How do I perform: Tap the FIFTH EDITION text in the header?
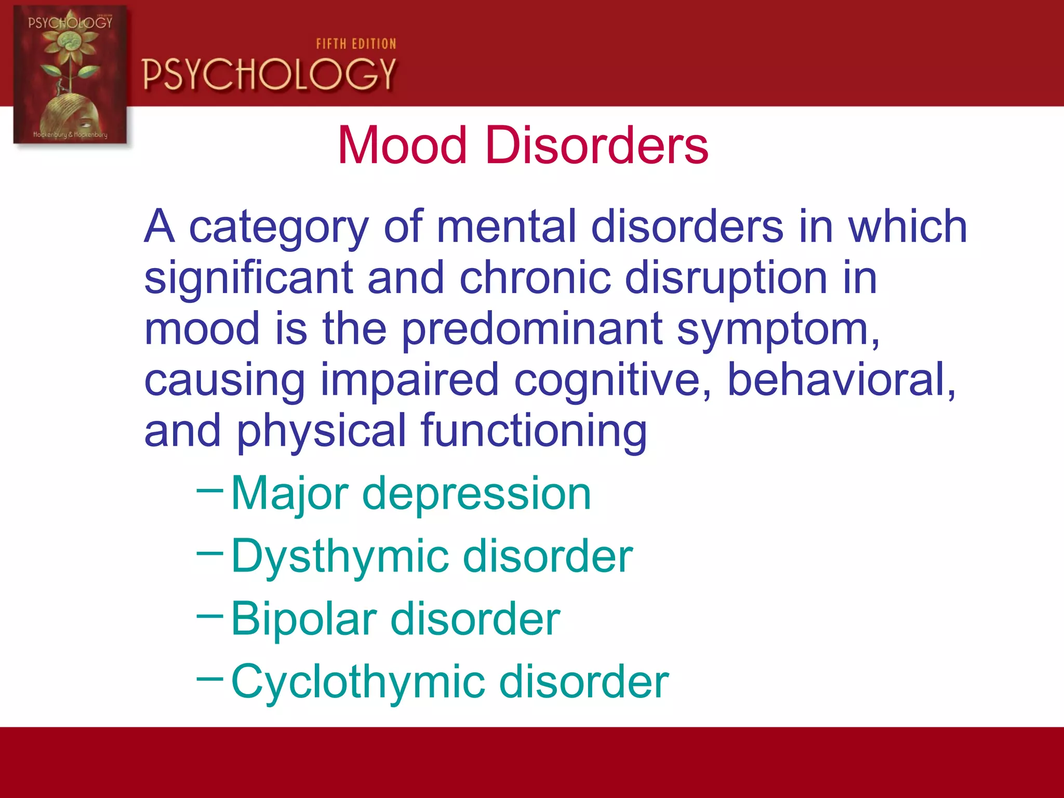point(356,44)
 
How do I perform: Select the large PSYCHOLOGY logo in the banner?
point(269,74)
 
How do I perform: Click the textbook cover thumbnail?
point(70,75)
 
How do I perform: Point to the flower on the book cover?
point(70,44)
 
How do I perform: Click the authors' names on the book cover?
point(70,135)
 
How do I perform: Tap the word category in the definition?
point(278,227)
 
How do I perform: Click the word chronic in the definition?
point(535,278)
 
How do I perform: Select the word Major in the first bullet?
point(289,494)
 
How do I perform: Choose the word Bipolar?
point(303,619)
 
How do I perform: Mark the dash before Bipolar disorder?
point(210,616)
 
